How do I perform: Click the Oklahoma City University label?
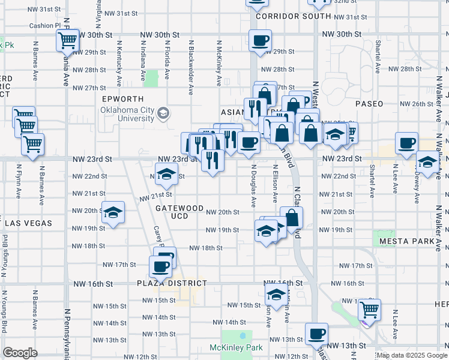point(128,114)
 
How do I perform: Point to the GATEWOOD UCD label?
point(179,211)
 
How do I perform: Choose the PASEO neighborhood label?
point(369,104)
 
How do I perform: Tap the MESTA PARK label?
point(403,241)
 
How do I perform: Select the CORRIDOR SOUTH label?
point(285,16)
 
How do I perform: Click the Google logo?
point(20,353)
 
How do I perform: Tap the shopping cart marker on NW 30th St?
point(68,40)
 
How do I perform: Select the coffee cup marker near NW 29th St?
point(260,40)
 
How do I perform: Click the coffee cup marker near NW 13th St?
point(316,334)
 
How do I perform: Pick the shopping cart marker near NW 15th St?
point(369,310)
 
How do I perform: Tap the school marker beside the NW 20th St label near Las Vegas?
point(113,212)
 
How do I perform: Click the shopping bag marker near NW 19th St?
point(291,218)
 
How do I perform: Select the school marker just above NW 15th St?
point(276,294)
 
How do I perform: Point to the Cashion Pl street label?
point(45,26)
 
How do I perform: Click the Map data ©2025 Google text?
point(412,355)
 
